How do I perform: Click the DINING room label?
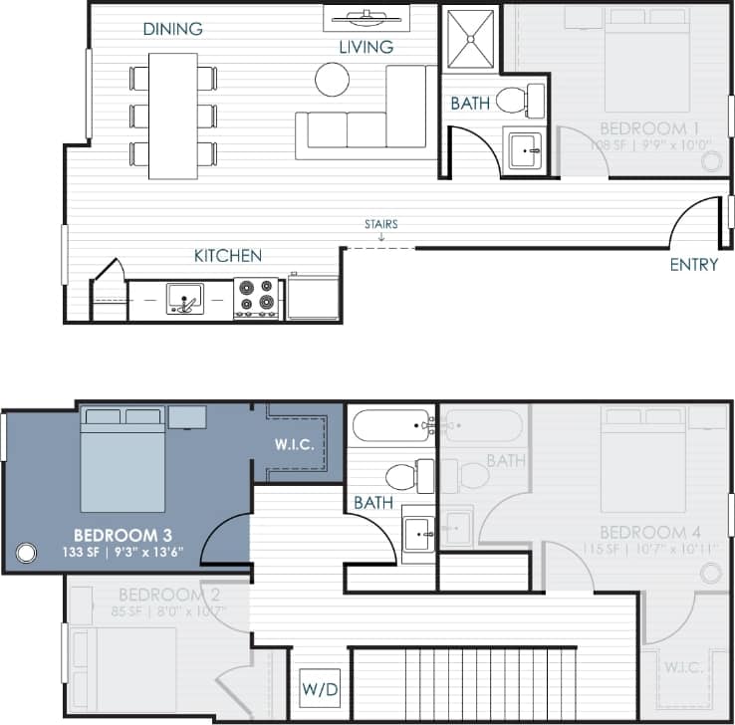(x=172, y=29)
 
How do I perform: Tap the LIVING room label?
(x=366, y=47)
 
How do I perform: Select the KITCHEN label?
(x=227, y=256)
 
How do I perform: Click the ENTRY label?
(x=693, y=264)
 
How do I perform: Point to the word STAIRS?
(x=380, y=224)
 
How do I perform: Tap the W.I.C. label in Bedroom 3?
(x=294, y=445)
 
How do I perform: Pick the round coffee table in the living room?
(x=333, y=79)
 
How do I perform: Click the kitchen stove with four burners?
(x=255, y=298)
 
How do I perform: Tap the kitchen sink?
(x=184, y=298)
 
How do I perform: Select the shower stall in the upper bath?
(x=469, y=40)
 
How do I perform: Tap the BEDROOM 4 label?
(x=642, y=532)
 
